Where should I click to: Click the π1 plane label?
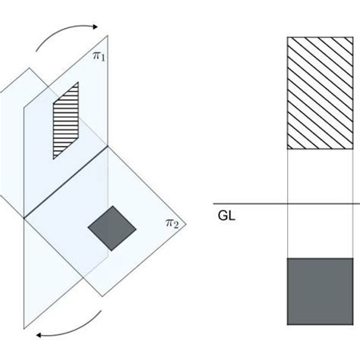pos(99,56)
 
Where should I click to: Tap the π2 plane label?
pos(172,223)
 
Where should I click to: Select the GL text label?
pos(226,216)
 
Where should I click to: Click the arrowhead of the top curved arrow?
pos(95,27)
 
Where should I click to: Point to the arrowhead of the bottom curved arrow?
pos(39,335)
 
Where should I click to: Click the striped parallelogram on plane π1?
pos(66,121)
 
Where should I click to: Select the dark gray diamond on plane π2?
pos(112,228)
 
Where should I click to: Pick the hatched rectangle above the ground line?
pos(320,93)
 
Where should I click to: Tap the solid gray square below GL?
pos(320,292)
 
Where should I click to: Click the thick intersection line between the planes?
pos(66,182)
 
